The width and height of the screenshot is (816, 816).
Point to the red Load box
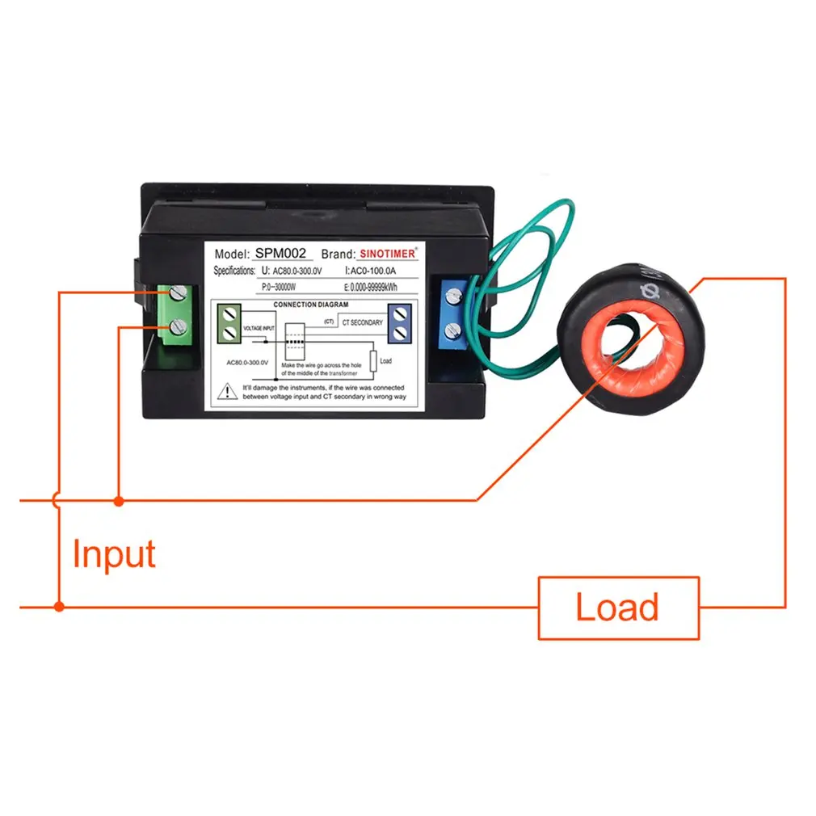coord(618,607)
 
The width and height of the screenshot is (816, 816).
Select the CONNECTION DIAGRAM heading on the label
coord(311,305)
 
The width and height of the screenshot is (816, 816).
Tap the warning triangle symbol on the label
coord(224,393)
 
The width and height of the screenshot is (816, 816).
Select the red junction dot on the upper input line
coord(119,501)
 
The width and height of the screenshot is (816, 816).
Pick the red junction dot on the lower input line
coord(58,606)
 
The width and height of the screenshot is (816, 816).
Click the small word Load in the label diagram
coord(385,361)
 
